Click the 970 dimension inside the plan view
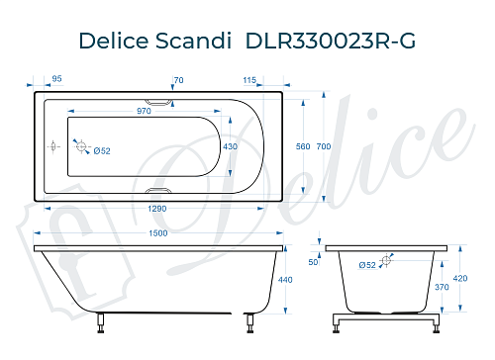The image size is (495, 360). (144, 112)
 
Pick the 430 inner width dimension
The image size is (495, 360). (231, 146)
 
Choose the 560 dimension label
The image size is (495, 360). (304, 146)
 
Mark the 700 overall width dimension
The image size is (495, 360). (323, 146)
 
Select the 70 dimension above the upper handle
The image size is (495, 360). (178, 78)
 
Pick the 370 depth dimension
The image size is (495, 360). (444, 287)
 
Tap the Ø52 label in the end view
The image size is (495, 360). (365, 265)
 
